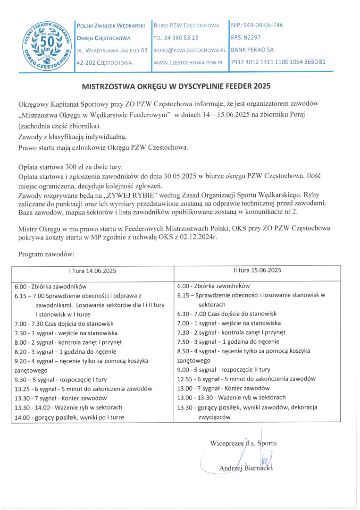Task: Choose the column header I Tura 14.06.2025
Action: click(x=92, y=271)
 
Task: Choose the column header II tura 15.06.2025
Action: click(x=257, y=271)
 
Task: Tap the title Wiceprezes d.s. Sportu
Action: click(x=243, y=443)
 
